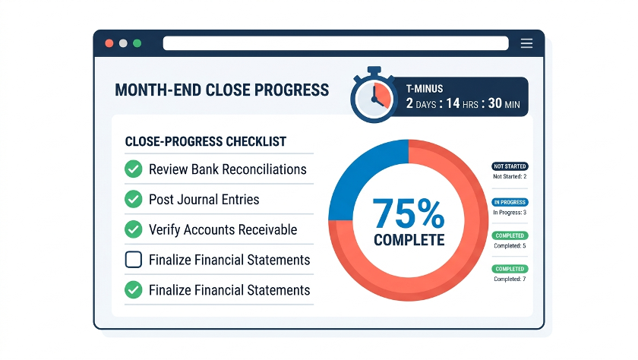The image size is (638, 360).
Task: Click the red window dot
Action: (109, 43)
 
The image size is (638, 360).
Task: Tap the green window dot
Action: (137, 43)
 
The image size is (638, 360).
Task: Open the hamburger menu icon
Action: (526, 43)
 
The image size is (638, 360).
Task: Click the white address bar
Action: (336, 43)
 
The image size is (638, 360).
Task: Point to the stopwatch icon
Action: (374, 95)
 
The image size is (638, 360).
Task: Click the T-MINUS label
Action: (425, 89)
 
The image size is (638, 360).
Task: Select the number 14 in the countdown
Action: (453, 103)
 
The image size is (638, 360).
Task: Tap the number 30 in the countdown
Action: (494, 103)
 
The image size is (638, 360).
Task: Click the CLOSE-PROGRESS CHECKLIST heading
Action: (206, 141)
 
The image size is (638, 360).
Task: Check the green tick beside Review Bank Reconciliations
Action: (134, 169)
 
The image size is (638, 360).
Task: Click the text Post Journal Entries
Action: (204, 199)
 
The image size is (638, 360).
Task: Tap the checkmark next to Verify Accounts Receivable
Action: (134, 229)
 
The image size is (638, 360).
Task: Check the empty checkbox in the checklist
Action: (134, 260)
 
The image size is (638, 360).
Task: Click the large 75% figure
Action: (408, 213)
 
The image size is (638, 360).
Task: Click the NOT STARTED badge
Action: (510, 166)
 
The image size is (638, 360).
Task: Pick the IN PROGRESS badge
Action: (510, 202)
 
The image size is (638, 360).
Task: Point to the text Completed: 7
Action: (510, 279)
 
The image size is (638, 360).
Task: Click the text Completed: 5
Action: (510, 245)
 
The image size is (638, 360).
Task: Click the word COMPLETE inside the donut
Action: (409, 240)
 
